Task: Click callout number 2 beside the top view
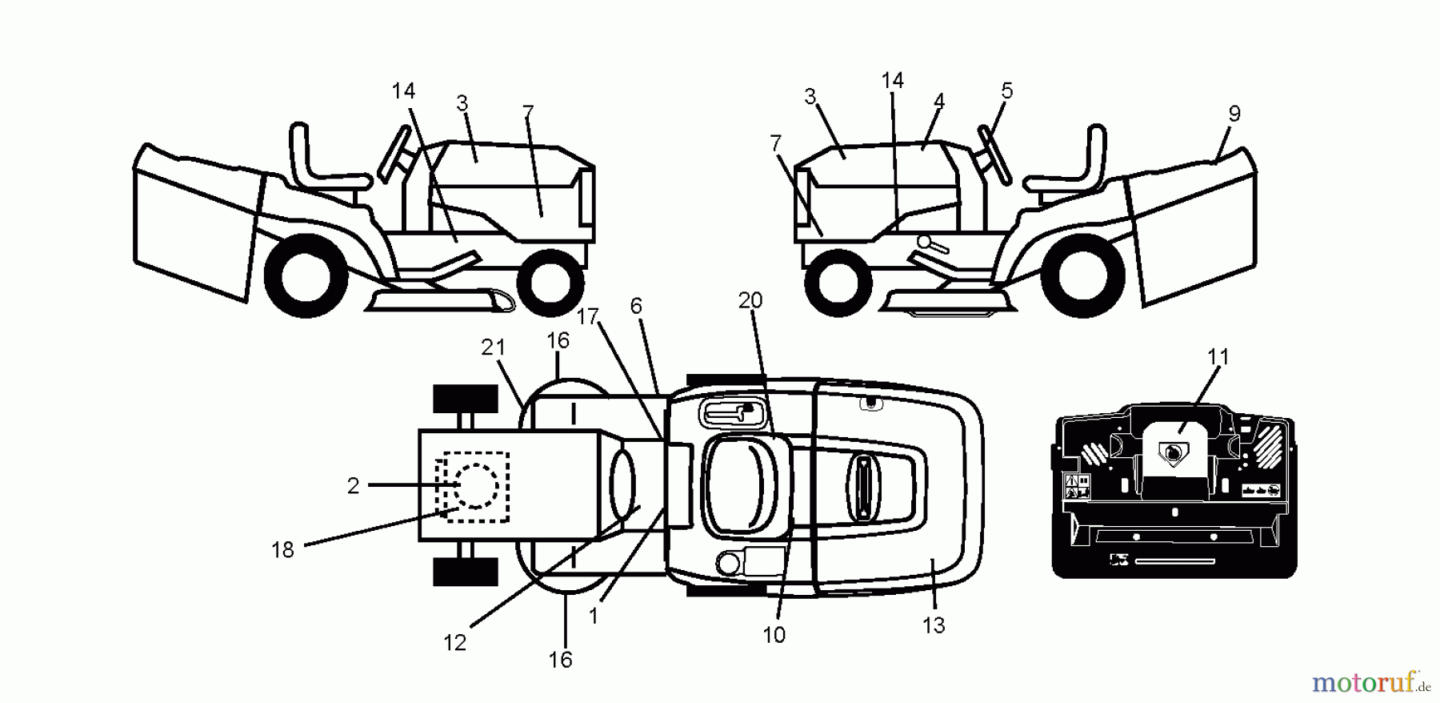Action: (353, 486)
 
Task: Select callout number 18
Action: (282, 550)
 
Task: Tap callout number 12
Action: (454, 643)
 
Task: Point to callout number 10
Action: (774, 635)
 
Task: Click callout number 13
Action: (934, 625)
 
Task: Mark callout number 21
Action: (494, 347)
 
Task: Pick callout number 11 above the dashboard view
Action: (1218, 356)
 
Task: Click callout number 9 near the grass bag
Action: (1234, 114)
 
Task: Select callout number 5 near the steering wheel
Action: (1006, 91)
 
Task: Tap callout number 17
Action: (588, 317)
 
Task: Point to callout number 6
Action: (636, 306)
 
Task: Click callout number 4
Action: (939, 102)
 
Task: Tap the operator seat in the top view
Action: (740, 484)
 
